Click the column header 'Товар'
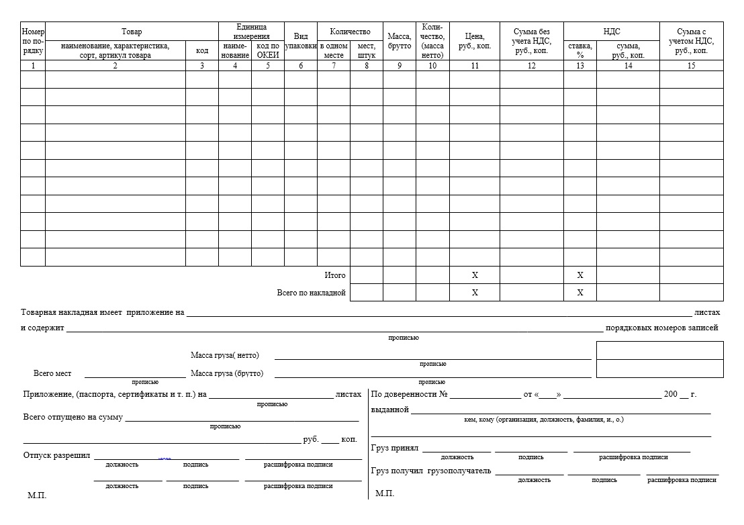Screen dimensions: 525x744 tap(132, 32)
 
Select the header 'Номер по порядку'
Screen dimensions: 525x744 tap(33, 41)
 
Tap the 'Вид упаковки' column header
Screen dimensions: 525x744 tap(300, 41)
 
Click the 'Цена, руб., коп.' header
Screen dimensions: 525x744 tap(474, 41)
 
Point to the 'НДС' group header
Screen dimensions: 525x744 tap(611, 32)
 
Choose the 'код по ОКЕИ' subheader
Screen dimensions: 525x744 tap(268, 50)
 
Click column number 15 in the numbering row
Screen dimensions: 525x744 tap(691, 66)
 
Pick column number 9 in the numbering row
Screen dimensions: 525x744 tap(400, 66)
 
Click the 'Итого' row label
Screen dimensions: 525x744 tap(335, 275)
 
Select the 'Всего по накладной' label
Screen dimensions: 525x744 tap(312, 293)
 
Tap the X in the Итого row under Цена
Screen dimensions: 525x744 tap(475, 275)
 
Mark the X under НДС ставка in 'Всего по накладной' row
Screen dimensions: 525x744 tap(580, 293)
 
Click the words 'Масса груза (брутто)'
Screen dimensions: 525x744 tap(227, 373)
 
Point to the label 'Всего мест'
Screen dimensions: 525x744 tap(52, 373)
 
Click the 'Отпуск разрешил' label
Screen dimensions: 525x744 tap(56, 455)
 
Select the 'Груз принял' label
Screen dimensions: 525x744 tap(394, 448)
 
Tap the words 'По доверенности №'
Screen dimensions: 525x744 tap(409, 394)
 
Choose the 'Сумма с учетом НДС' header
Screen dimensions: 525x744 tap(691, 41)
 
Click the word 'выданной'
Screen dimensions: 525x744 tap(389, 410)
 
